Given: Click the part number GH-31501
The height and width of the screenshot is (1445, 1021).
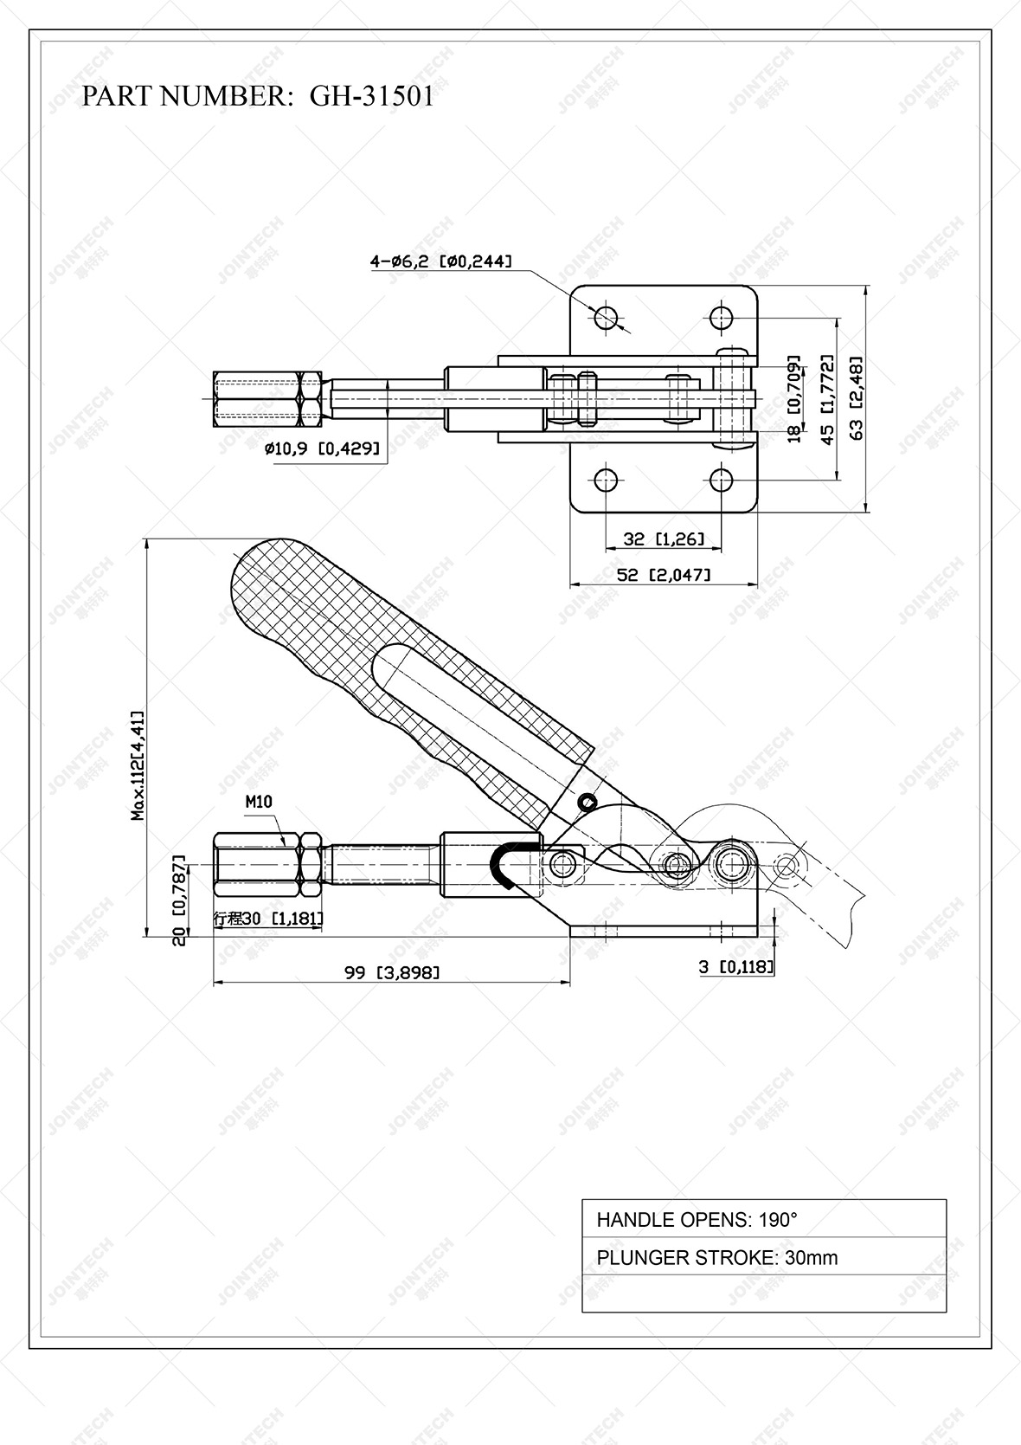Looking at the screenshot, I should coord(372,95).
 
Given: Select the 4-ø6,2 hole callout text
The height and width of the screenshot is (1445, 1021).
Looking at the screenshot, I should coord(440,261).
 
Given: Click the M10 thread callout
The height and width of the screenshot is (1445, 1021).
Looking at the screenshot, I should coord(259,802).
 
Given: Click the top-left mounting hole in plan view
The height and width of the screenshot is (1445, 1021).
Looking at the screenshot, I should coord(607,317).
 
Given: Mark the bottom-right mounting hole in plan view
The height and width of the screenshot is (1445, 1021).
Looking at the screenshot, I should coord(722,479).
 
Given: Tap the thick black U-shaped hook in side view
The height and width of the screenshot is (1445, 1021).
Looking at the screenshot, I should coord(505,863).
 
